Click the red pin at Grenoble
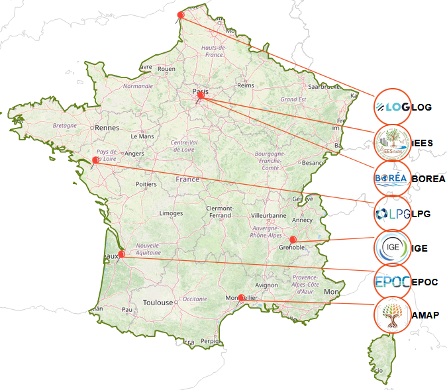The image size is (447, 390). pos(293,239)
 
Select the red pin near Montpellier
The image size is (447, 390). pos(241,297)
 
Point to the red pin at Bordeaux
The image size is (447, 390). pos(121,254)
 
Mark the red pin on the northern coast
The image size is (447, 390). pos(181,15)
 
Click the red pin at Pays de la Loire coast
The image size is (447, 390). pos(96,160)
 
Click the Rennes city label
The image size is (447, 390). pos(106,128)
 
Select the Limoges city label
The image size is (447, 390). pos(171,213)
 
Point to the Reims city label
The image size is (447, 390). pos(246,85)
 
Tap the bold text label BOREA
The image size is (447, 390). pos(428,179)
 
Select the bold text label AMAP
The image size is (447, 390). pos(424,315)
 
